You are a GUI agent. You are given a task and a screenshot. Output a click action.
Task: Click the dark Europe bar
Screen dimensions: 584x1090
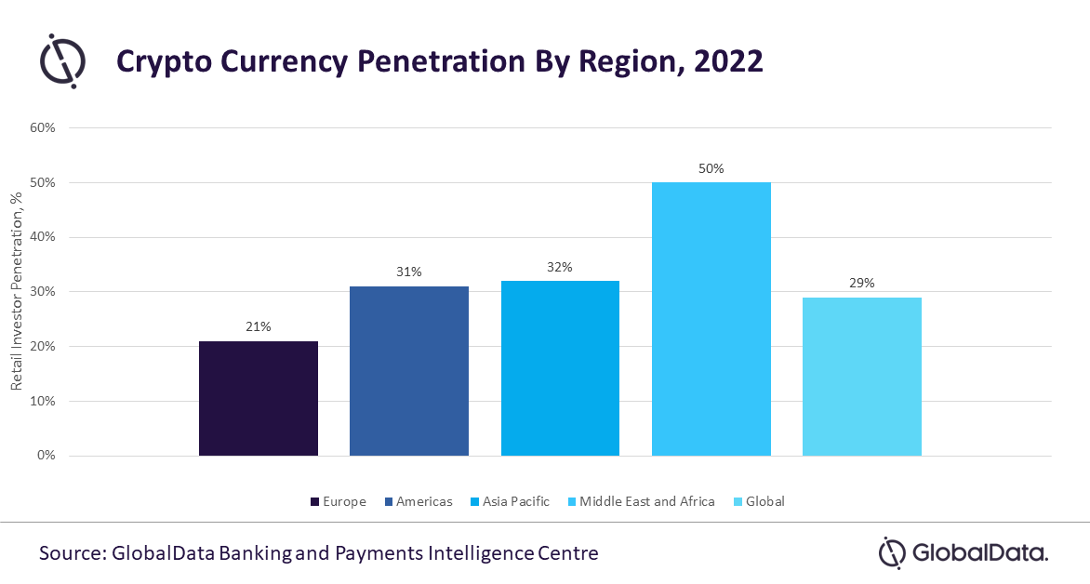[x=259, y=398]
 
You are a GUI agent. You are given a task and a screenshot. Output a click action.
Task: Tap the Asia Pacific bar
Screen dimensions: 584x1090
[x=560, y=367]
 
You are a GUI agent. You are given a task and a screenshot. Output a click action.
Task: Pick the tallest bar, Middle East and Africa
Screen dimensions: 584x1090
[x=711, y=318]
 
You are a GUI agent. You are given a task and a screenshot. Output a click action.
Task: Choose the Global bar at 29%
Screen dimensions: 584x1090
[x=862, y=376]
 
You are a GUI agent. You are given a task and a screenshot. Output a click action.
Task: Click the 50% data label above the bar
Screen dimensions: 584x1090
[x=711, y=169]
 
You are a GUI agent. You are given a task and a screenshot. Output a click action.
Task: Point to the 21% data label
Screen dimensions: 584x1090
[x=259, y=327]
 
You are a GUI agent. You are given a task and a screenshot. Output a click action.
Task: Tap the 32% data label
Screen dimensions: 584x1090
[x=560, y=267]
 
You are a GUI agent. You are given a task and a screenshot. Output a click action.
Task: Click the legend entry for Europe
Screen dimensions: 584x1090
[x=338, y=501]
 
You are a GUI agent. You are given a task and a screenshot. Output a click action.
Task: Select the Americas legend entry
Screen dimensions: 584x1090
[x=417, y=501]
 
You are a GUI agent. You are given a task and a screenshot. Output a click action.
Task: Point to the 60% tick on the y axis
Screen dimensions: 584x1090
[x=44, y=127]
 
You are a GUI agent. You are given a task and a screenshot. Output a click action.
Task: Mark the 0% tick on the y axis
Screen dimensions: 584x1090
[x=47, y=456]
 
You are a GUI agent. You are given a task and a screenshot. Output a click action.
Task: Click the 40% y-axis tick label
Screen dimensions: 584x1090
[x=44, y=237]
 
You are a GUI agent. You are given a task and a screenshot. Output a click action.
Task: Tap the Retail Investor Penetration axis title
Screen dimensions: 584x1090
[x=16, y=291]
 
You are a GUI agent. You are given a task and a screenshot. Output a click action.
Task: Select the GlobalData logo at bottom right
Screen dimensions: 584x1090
[x=964, y=552]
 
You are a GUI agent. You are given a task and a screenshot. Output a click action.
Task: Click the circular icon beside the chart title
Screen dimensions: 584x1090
[x=62, y=61]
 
